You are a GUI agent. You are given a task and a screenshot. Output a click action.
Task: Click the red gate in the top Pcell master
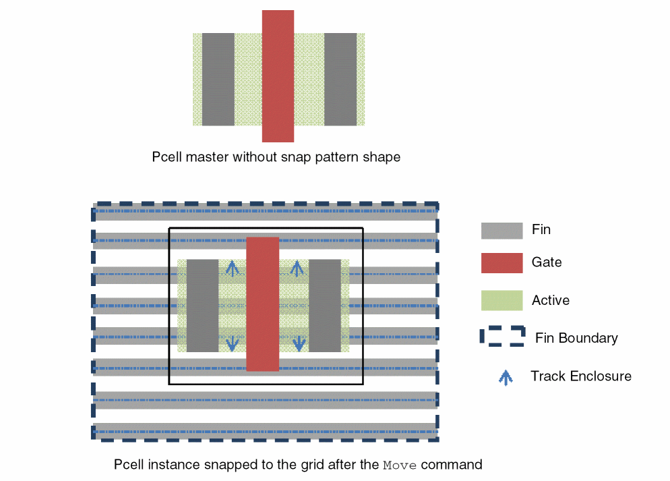278,76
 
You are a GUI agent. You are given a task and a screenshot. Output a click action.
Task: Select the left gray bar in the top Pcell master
218,79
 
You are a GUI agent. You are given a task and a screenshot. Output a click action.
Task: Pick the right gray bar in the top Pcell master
340,79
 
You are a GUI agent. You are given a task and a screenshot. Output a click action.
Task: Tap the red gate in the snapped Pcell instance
262,304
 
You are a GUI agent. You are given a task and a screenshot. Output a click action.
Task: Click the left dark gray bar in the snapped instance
202,306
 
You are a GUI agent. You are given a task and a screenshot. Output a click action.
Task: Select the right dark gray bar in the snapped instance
325,306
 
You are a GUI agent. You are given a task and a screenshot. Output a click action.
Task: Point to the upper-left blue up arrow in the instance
233,269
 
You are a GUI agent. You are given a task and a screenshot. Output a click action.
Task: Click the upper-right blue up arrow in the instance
296,269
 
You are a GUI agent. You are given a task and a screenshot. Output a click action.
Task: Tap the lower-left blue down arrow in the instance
233,343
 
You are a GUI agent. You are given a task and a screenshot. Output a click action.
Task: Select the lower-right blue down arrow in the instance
296,343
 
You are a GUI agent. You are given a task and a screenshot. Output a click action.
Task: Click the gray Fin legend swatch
501,230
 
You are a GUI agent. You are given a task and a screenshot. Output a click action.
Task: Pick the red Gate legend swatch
501,263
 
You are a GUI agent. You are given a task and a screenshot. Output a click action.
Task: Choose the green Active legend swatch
501,300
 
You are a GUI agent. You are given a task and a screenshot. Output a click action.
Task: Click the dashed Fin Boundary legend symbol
502,337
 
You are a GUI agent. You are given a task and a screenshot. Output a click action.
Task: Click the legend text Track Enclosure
581,376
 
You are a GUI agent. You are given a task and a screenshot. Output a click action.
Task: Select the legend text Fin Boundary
576,338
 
